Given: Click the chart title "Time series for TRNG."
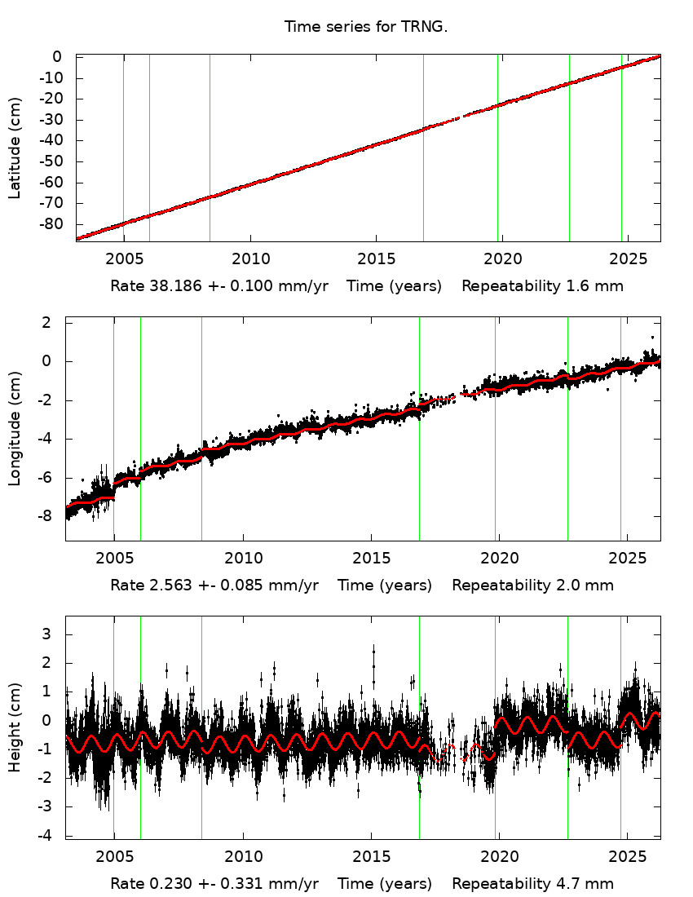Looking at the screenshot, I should coord(366,27).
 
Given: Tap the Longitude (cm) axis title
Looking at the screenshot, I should coord(15,429).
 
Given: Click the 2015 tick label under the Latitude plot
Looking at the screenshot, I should coord(375,259).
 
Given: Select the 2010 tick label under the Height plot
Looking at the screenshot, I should coord(242,857).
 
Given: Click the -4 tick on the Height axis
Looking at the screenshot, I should coord(54,836).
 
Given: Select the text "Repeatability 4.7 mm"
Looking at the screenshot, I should coord(532,883).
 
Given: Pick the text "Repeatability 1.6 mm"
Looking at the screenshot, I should coord(542,286).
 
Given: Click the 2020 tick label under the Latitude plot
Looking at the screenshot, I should coord(501,259).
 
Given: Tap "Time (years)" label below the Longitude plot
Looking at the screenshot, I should coord(385,585).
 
